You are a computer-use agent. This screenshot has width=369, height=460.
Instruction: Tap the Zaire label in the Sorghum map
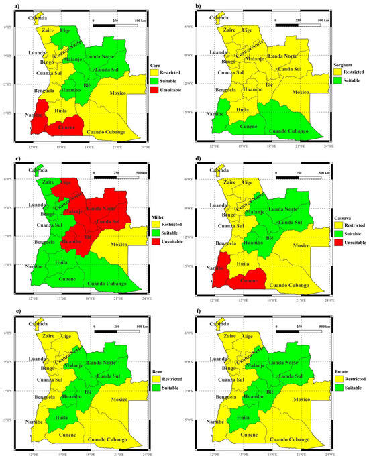229,30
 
